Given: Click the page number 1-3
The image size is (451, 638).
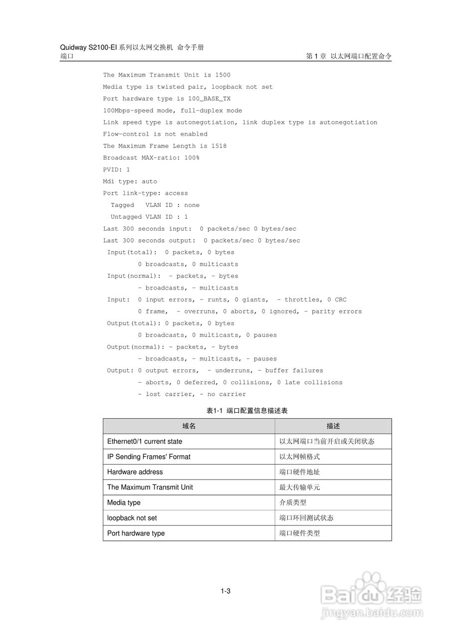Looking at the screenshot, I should point(225,592).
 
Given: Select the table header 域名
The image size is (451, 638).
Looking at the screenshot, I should point(189,426).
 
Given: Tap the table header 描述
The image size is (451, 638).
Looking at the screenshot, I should point(333,426).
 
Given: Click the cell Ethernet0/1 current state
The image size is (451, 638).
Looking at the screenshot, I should point(145,442).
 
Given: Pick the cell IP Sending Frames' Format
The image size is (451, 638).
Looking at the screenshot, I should point(149,457).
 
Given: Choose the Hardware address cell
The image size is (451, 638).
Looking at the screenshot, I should point(135,472).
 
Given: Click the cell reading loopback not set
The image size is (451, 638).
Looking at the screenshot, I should point(132,518).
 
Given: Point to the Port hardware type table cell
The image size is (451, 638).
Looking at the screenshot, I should point(136,533).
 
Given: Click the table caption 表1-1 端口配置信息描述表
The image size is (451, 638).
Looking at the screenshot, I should point(247,411).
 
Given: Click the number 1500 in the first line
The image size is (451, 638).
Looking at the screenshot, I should point(223,75).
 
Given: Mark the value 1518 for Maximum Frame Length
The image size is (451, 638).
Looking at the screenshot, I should point(219,146).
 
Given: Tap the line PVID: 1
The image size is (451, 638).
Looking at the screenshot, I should point(116,169).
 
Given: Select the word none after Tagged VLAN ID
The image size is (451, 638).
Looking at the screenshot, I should point(192,205).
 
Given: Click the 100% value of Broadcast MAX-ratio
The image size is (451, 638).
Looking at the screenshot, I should point(192,158).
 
